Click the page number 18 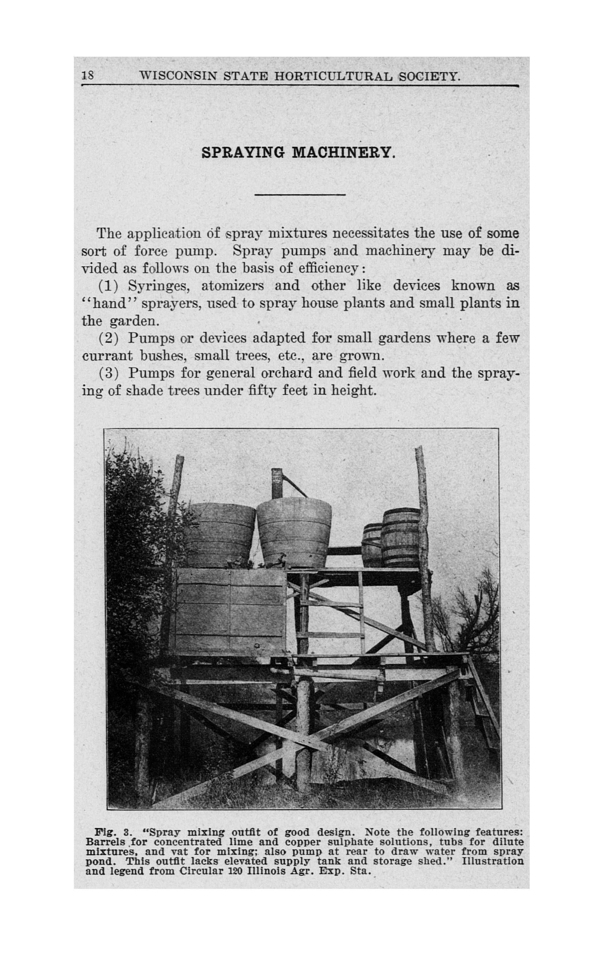click(x=88, y=75)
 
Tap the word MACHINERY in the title click(x=343, y=153)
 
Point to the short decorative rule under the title click(x=305, y=194)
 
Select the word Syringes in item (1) click(x=158, y=286)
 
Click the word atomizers click(x=232, y=286)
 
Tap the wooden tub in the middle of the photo click(x=294, y=534)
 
